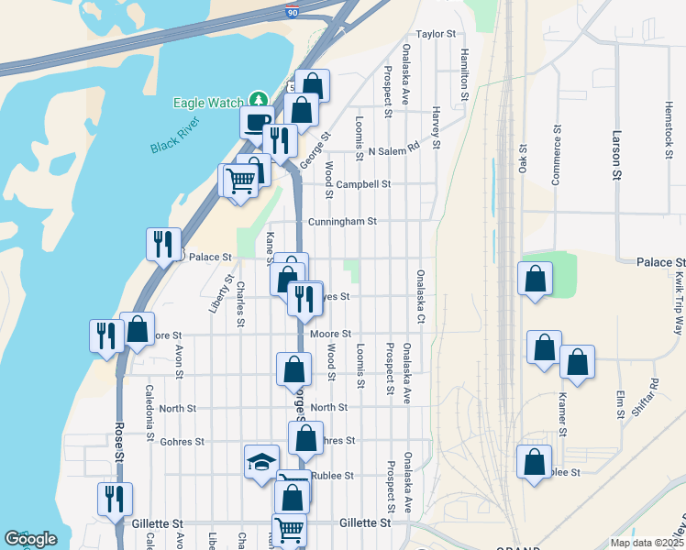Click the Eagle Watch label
(x=208, y=104)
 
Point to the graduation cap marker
(x=261, y=460)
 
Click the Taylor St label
(x=436, y=34)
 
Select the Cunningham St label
(x=341, y=221)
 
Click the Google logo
(x=30, y=539)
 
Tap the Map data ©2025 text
(x=646, y=543)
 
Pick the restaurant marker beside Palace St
(x=163, y=244)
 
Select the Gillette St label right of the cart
(x=365, y=522)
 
